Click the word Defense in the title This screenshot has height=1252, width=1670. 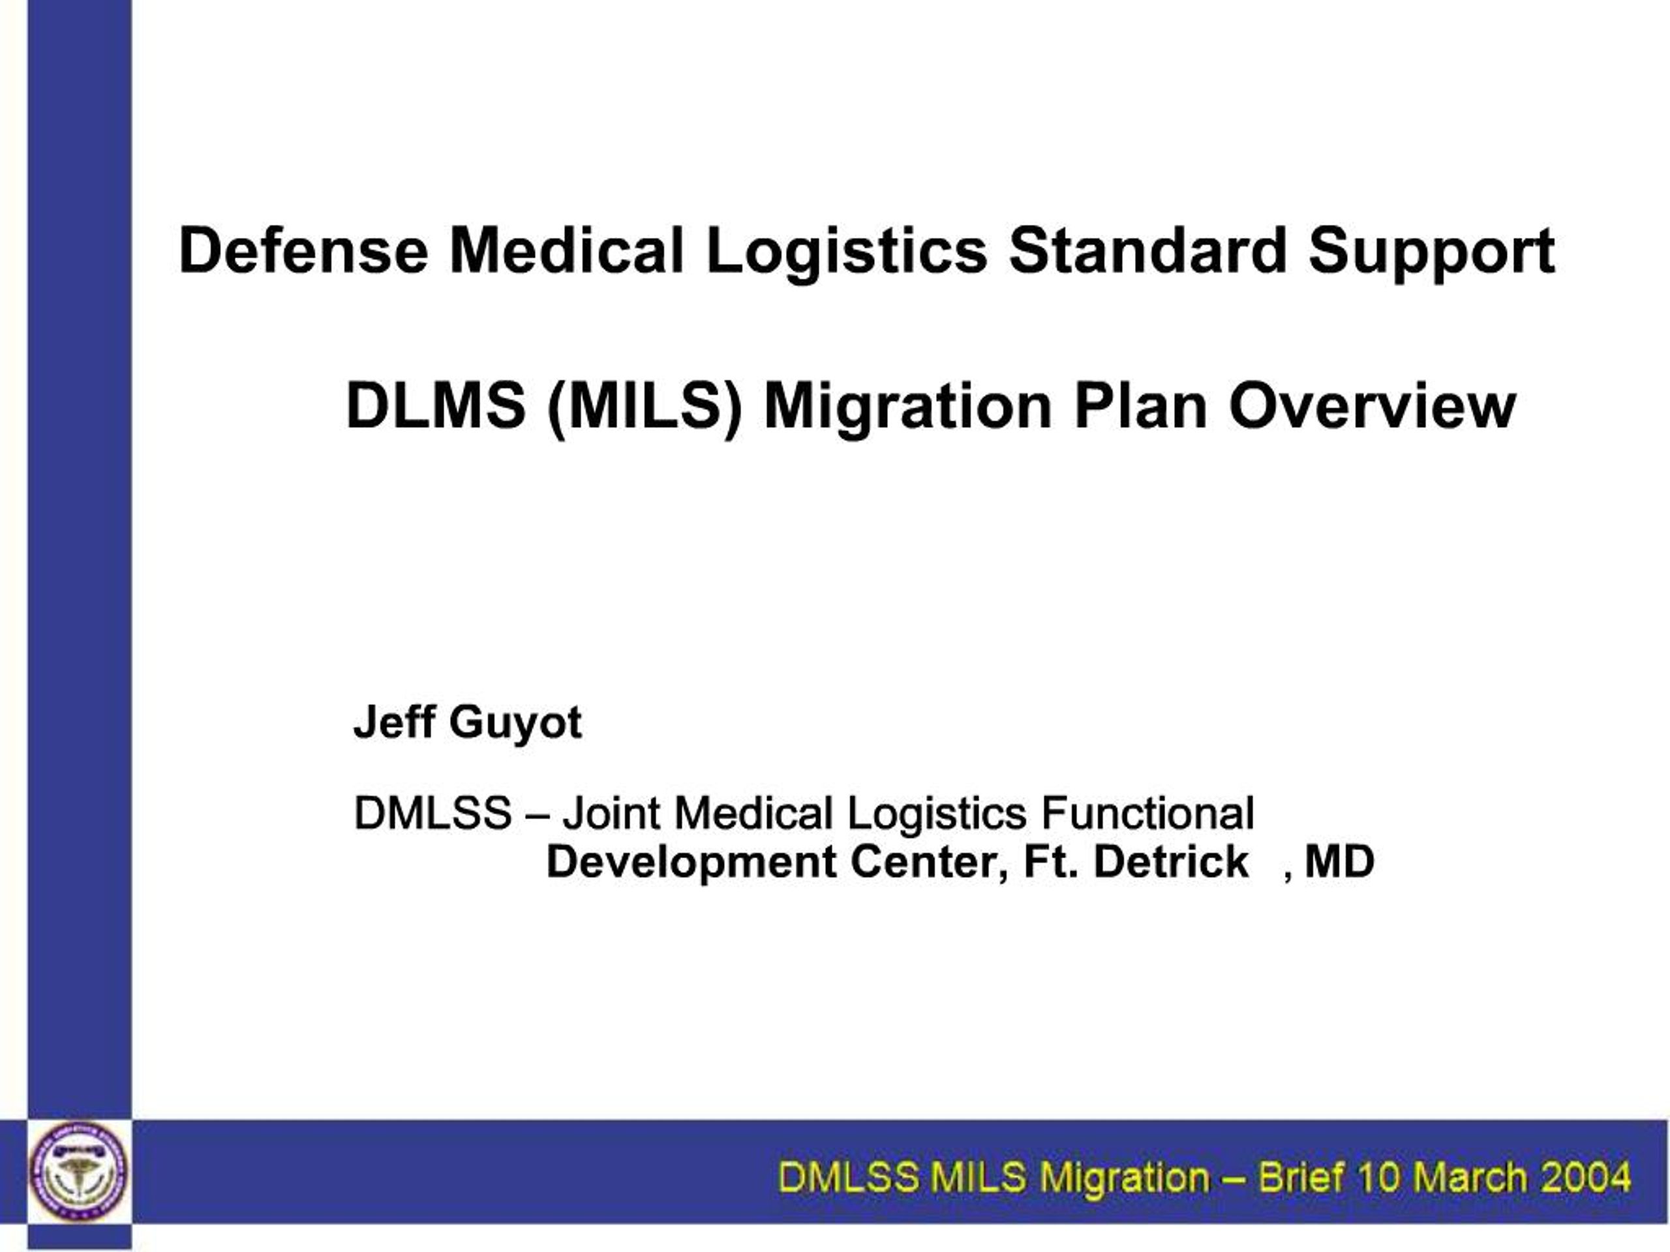(x=303, y=250)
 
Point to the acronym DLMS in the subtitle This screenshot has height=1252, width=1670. (x=436, y=406)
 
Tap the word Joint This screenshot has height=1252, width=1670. (x=611, y=814)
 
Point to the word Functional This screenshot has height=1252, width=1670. (x=1147, y=814)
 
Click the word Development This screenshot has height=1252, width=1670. (x=691, y=862)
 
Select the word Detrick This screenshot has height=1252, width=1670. (x=1171, y=862)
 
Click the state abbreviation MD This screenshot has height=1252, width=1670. (x=1339, y=862)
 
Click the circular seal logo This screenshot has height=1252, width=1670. (x=78, y=1171)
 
